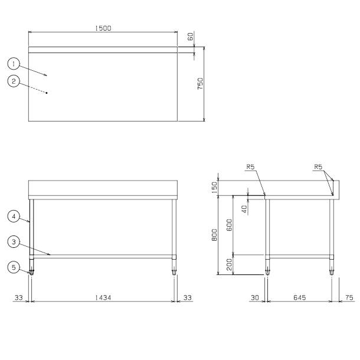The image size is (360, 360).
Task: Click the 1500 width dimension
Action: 103,28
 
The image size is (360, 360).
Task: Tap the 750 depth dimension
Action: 201,84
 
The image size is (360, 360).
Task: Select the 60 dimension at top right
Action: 191,37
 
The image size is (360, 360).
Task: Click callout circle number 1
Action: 14,64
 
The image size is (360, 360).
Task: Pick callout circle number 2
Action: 14,81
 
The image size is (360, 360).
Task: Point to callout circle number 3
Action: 14,242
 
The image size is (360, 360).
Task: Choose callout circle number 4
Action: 14,216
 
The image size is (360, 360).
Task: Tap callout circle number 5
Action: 14,267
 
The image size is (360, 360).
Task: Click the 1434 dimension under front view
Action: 103,298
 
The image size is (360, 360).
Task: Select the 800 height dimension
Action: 214,235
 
